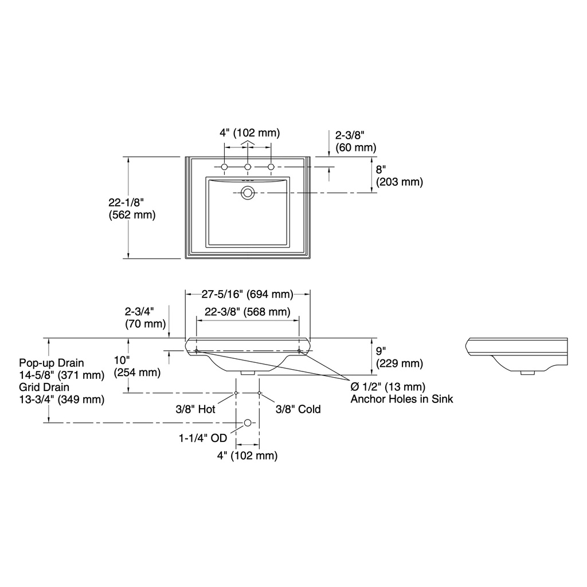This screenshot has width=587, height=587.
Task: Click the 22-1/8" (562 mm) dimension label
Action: (x=132, y=209)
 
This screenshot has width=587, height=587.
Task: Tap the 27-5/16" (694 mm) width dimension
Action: (x=248, y=294)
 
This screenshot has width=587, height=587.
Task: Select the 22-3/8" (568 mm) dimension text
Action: (x=248, y=312)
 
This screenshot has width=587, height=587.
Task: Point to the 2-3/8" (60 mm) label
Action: (x=355, y=141)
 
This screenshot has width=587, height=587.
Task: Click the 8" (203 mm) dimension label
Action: (x=400, y=175)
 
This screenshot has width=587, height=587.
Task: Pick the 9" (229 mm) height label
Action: (x=400, y=357)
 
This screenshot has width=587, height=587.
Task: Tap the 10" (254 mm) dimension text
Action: (x=137, y=366)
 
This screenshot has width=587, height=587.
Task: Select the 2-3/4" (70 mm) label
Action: (x=145, y=318)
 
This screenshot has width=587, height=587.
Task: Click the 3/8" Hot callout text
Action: (x=195, y=409)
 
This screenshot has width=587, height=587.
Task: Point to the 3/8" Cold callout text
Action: (x=298, y=409)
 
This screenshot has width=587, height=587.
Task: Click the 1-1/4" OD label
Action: (x=203, y=437)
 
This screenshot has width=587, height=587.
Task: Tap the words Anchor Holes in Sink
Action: (x=402, y=399)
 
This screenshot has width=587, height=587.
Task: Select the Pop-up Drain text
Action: (x=52, y=363)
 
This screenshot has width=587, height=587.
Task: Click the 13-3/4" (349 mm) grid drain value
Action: (x=62, y=399)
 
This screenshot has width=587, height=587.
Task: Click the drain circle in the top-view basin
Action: (x=248, y=193)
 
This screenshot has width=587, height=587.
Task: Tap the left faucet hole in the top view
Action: (x=224, y=167)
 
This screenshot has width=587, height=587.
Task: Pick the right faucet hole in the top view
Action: (x=271, y=167)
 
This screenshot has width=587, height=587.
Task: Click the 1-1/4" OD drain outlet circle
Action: (x=248, y=422)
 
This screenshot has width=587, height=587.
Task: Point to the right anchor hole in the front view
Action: (x=299, y=351)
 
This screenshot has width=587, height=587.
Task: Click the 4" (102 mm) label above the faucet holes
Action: (x=249, y=132)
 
